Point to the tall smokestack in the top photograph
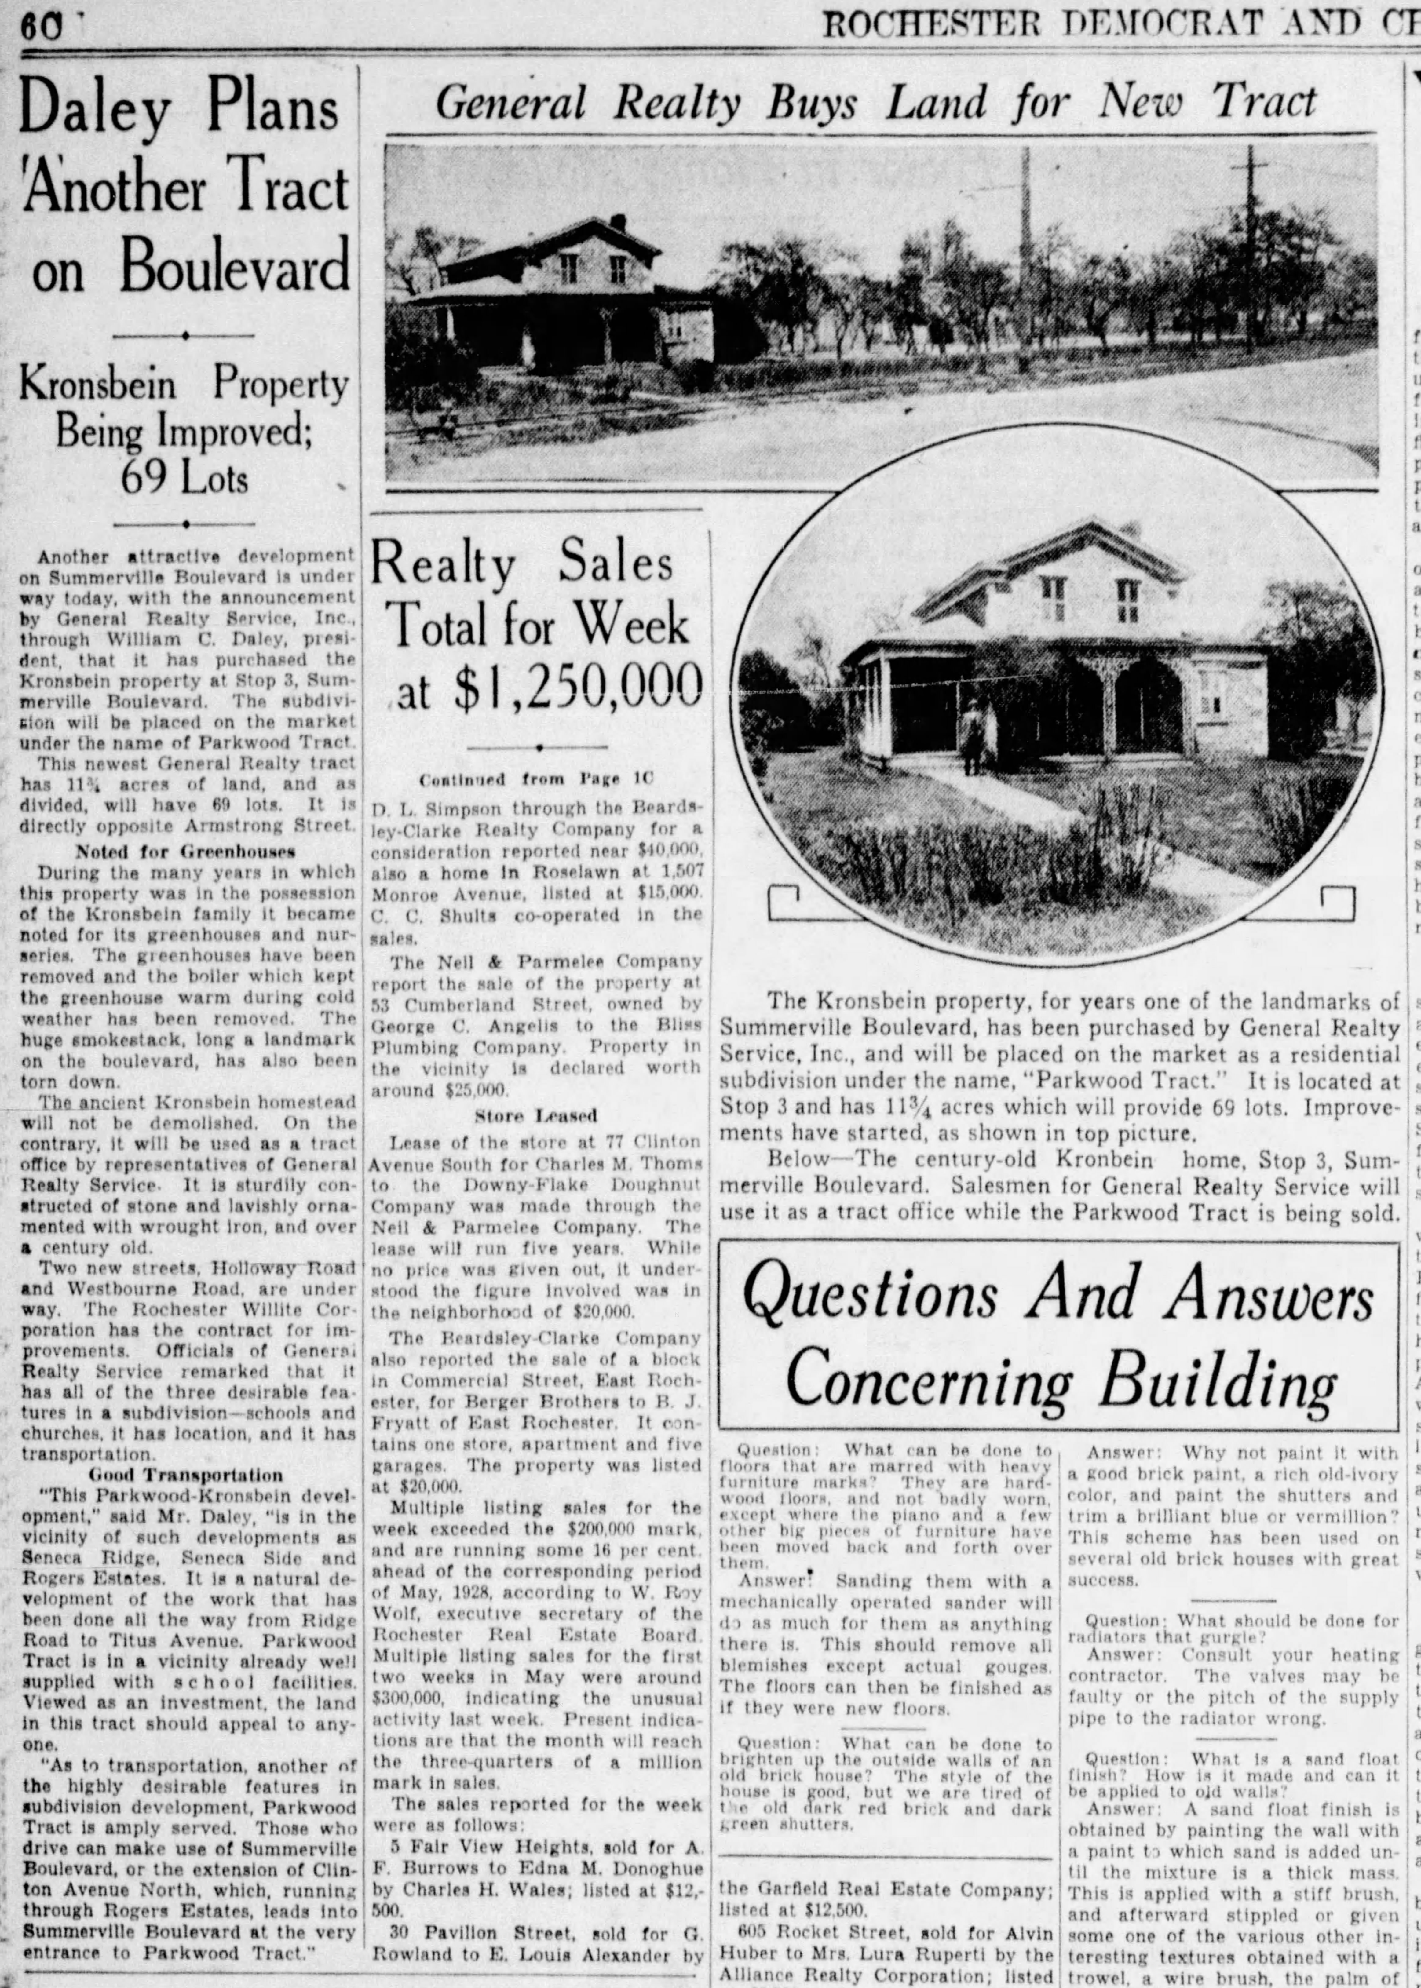1025,254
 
